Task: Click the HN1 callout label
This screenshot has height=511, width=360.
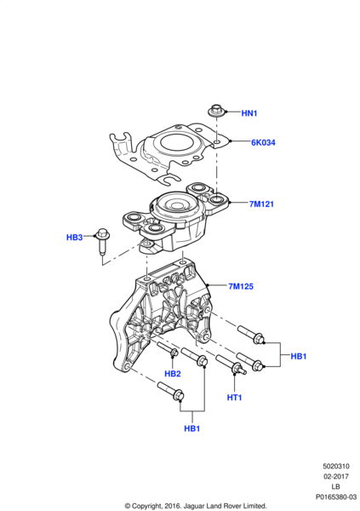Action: [249, 113]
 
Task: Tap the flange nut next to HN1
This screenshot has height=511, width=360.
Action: [215, 110]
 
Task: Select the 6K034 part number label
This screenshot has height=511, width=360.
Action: [263, 142]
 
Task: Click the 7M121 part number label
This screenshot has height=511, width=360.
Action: [261, 204]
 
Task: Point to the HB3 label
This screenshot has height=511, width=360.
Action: [75, 238]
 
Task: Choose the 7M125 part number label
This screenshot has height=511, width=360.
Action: [241, 286]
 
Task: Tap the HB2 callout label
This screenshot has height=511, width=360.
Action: [173, 374]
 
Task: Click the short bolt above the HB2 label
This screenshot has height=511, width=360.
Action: [168, 349]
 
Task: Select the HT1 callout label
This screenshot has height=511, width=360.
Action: [234, 398]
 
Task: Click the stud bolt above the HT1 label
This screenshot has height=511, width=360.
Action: [231, 365]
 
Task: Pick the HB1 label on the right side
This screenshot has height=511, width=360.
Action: [299, 356]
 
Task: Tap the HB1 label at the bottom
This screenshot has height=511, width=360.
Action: [191, 428]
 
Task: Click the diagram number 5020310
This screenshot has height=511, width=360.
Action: [336, 467]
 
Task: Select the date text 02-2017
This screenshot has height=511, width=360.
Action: [336, 476]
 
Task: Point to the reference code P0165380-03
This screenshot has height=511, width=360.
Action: [336, 497]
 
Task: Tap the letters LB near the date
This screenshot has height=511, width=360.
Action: [336, 486]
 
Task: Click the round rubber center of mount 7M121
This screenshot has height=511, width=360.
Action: [177, 205]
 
